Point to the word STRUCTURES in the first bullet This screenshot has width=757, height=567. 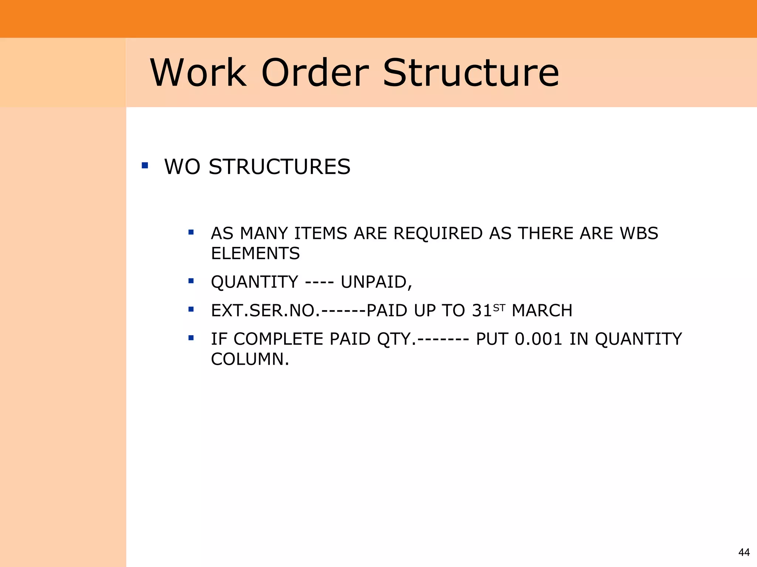279,166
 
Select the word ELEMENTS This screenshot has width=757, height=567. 255,253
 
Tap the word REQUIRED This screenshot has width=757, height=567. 437,233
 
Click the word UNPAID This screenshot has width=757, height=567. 376,282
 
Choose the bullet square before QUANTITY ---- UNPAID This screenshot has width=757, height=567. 191,281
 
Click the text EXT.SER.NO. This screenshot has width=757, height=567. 265,310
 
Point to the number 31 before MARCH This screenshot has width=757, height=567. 482,310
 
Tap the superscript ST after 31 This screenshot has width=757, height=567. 499,307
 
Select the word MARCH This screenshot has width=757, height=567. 542,310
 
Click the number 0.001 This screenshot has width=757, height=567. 538,339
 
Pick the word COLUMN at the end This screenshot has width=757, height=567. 249,359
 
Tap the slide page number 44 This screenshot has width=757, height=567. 744,552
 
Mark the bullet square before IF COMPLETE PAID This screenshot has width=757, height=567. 191,338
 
